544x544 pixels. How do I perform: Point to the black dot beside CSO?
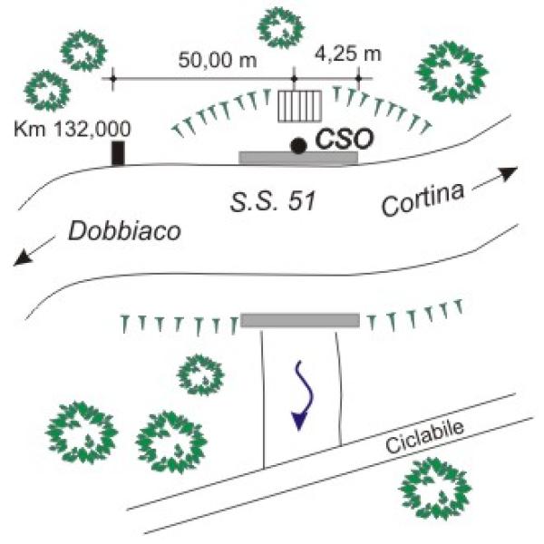297,144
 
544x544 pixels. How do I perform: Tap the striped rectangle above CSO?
299,107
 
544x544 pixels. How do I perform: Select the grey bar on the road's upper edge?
298,158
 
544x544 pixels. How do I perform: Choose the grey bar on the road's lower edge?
300,319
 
